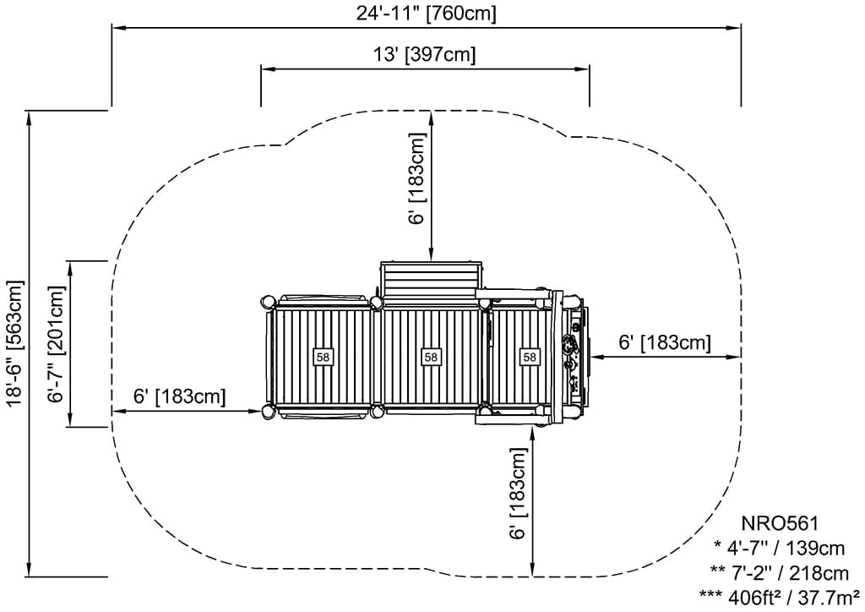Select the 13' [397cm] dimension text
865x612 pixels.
coord(425,55)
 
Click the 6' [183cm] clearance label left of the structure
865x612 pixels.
coord(179,396)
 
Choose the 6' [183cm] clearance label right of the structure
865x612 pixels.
coord(665,342)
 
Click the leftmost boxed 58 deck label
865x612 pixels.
coord(323,357)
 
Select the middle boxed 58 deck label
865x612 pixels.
coord(431,357)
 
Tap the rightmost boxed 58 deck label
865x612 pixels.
coord(530,357)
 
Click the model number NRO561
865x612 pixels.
coord(780,525)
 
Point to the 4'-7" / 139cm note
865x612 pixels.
coord(781,548)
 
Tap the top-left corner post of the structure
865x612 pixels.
coord(268,301)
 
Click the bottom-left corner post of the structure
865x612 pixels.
coord(268,412)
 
